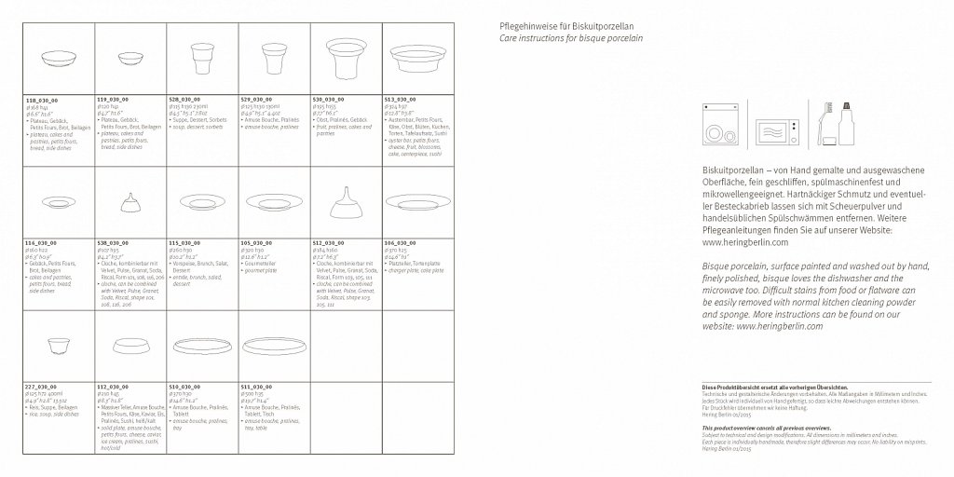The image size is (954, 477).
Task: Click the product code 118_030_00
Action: click(42, 98)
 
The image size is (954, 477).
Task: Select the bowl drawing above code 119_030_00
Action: click(129, 58)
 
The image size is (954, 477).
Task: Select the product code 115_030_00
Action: click(184, 242)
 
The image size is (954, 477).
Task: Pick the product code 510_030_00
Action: click(184, 385)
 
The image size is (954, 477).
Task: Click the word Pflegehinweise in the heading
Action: click(528, 27)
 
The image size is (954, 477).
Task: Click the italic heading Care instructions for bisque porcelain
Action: click(570, 41)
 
